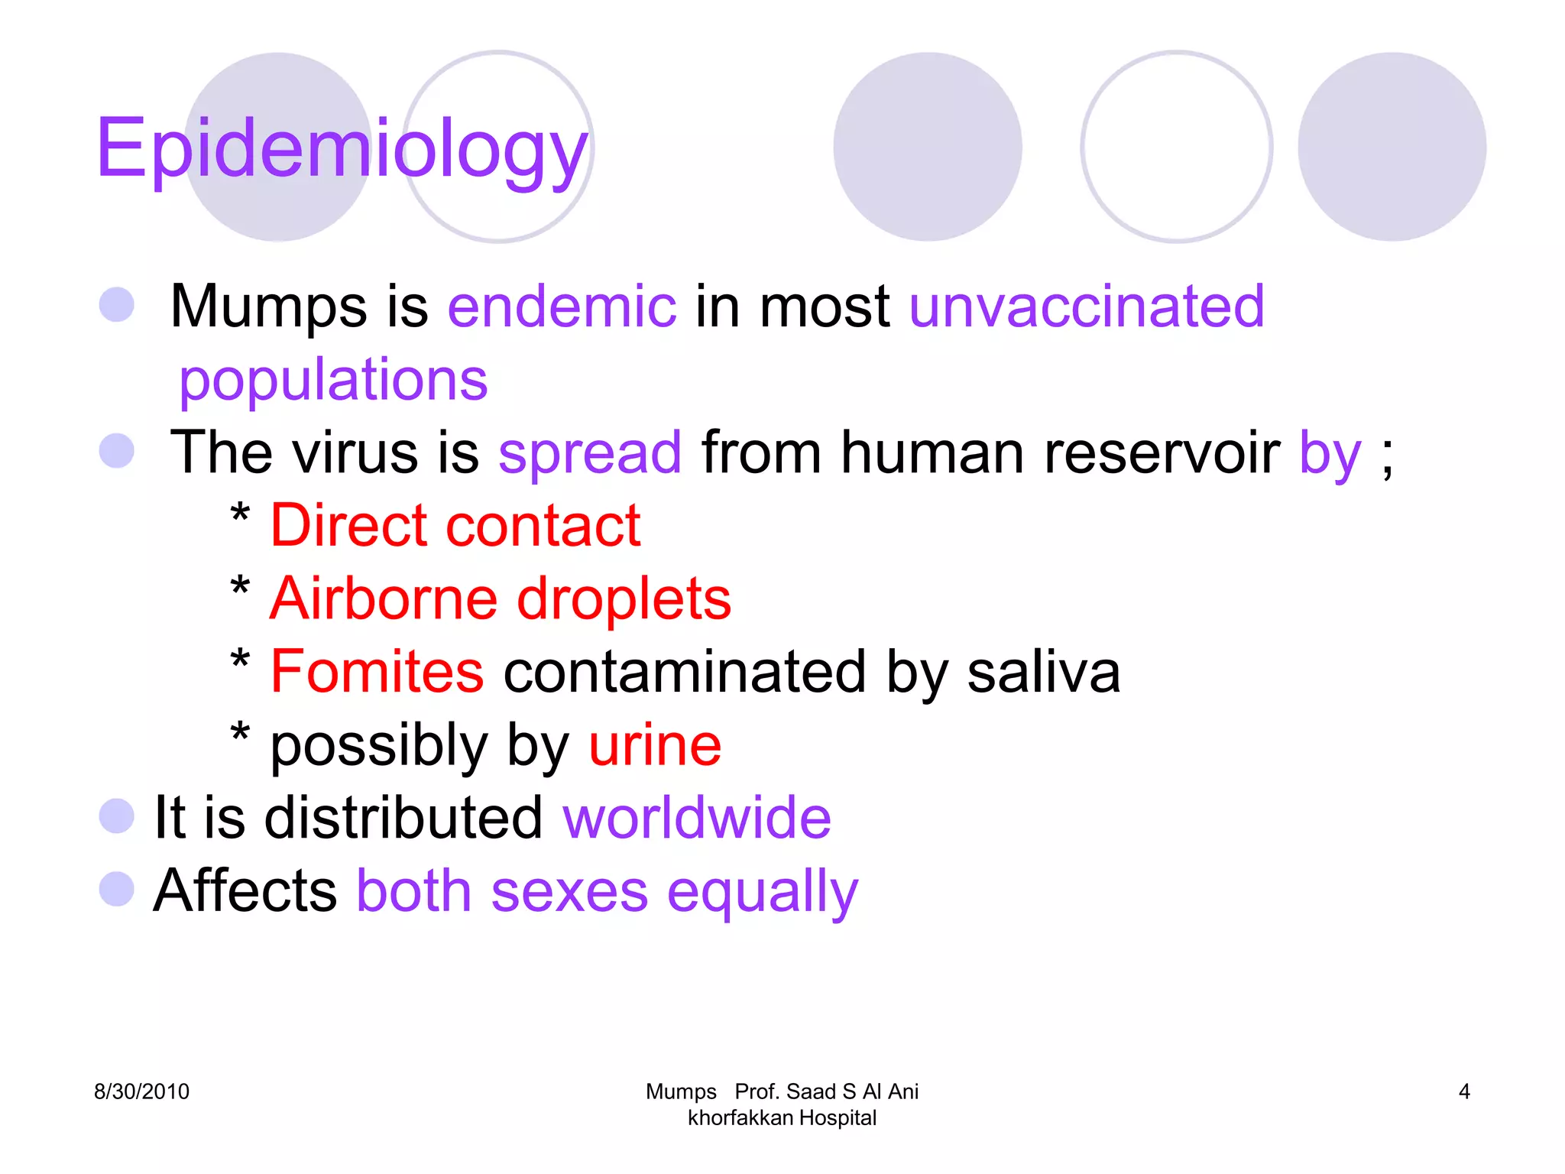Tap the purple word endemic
562,306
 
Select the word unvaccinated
1086,306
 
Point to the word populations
333,380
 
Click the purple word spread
590,452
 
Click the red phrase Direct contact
455,526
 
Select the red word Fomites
377,672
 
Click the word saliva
1043,672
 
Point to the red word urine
655,745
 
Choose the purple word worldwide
697,818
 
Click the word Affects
245,891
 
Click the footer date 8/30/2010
141,1091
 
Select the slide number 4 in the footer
1464,1091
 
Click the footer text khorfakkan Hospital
782,1118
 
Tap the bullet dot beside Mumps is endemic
117,304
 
